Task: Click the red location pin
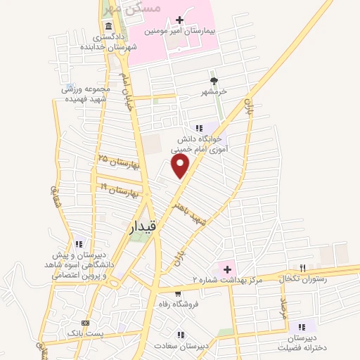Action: tap(181, 166)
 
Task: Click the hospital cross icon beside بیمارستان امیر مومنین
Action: tap(179, 20)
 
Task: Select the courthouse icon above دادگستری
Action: tap(108, 25)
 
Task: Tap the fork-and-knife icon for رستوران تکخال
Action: tap(303, 268)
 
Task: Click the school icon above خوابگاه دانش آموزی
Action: tap(199, 127)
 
